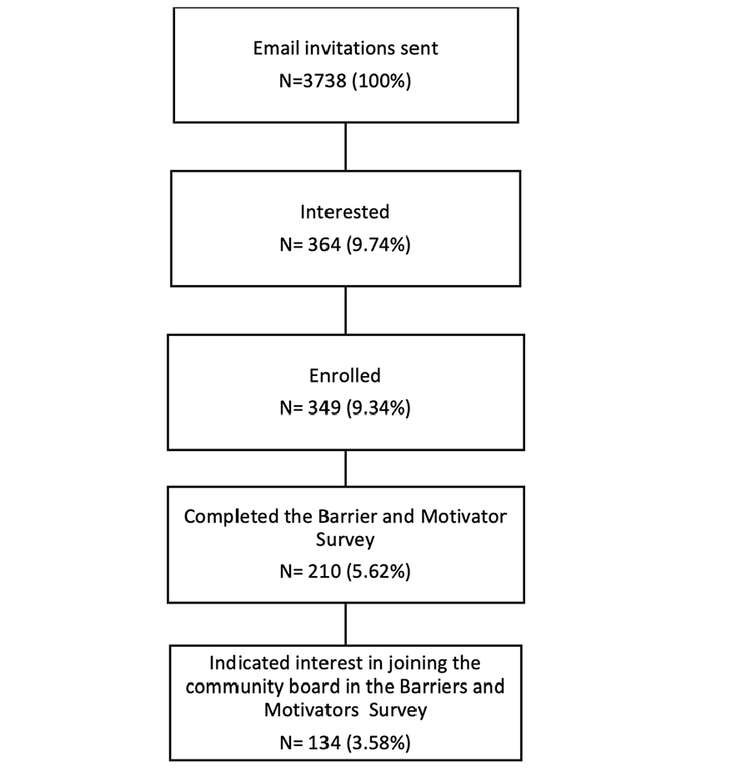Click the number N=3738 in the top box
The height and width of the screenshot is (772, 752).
click(313, 80)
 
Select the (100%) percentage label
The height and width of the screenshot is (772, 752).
click(382, 80)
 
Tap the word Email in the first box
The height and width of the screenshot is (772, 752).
click(276, 48)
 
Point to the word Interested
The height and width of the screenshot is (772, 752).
click(345, 212)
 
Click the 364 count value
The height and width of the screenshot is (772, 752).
click(324, 244)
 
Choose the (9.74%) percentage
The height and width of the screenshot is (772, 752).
click(379, 244)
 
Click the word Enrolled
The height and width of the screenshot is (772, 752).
click(345, 376)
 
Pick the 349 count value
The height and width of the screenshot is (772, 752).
click(324, 408)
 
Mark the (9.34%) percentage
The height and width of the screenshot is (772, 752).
click(379, 408)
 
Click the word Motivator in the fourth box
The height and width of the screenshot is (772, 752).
click(464, 516)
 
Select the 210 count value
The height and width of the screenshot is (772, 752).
click(324, 571)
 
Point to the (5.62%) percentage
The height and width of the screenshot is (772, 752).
click(379, 571)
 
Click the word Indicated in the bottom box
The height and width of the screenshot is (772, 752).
click(249, 663)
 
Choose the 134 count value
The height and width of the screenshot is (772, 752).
click(324, 743)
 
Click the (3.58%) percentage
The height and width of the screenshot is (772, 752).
click(379, 743)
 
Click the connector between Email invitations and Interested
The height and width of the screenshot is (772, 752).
click(346, 147)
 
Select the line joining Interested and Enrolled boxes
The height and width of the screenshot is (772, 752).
click(346, 311)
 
